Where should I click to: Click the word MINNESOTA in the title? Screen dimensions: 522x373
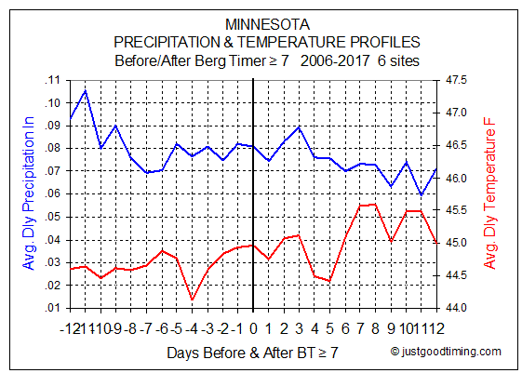click(x=267, y=24)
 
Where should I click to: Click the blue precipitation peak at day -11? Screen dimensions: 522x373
click(x=86, y=90)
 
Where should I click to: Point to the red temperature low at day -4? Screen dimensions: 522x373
click(x=192, y=300)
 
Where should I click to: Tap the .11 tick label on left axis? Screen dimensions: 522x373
click(x=53, y=80)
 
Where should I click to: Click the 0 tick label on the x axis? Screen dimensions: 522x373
click(x=253, y=328)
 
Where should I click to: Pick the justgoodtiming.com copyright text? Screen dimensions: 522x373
click(x=446, y=352)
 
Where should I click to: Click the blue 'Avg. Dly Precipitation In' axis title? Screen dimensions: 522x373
click(x=28, y=193)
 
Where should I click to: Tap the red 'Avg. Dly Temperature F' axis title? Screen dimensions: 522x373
click(x=489, y=193)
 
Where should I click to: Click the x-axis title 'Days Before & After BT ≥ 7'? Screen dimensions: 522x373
click(x=252, y=353)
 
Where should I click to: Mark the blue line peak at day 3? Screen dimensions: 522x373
click(x=299, y=127)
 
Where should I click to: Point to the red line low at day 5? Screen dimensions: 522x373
click(x=329, y=281)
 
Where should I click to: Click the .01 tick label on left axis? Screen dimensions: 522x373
click(x=53, y=308)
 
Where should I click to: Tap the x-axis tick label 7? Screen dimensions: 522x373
click(x=360, y=328)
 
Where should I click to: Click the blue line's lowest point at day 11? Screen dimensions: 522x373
click(x=422, y=194)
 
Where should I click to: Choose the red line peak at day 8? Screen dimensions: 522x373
click(x=375, y=205)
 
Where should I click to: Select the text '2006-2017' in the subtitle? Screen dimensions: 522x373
click(x=335, y=60)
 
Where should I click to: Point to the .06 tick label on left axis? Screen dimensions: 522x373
click(x=53, y=193)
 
